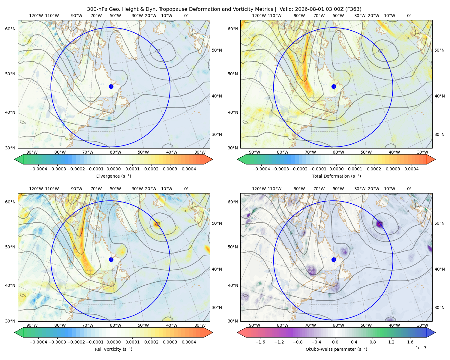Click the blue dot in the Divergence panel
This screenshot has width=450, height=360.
(111, 87)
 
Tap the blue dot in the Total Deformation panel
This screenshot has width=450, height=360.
(334, 87)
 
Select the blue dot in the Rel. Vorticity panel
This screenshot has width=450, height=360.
(111, 259)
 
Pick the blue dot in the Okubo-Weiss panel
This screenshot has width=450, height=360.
(334, 259)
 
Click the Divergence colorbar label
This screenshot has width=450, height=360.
(113, 176)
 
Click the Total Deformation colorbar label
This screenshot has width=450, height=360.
(336, 176)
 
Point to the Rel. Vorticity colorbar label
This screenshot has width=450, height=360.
(113, 349)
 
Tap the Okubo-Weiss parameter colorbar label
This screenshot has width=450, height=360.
(336, 349)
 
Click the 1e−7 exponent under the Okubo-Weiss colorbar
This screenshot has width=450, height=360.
(421, 348)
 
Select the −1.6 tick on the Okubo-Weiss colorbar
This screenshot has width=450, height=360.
(260, 342)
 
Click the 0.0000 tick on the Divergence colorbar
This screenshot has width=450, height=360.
(113, 169)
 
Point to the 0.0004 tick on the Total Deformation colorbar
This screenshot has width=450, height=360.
(411, 169)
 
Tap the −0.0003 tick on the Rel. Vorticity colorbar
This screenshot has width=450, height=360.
(57, 342)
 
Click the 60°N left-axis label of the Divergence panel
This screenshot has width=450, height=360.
(10, 29)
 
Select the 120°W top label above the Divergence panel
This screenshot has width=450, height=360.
(36, 16)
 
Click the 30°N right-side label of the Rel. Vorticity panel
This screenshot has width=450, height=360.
(217, 307)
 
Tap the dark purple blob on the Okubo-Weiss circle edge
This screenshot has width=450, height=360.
(379, 224)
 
